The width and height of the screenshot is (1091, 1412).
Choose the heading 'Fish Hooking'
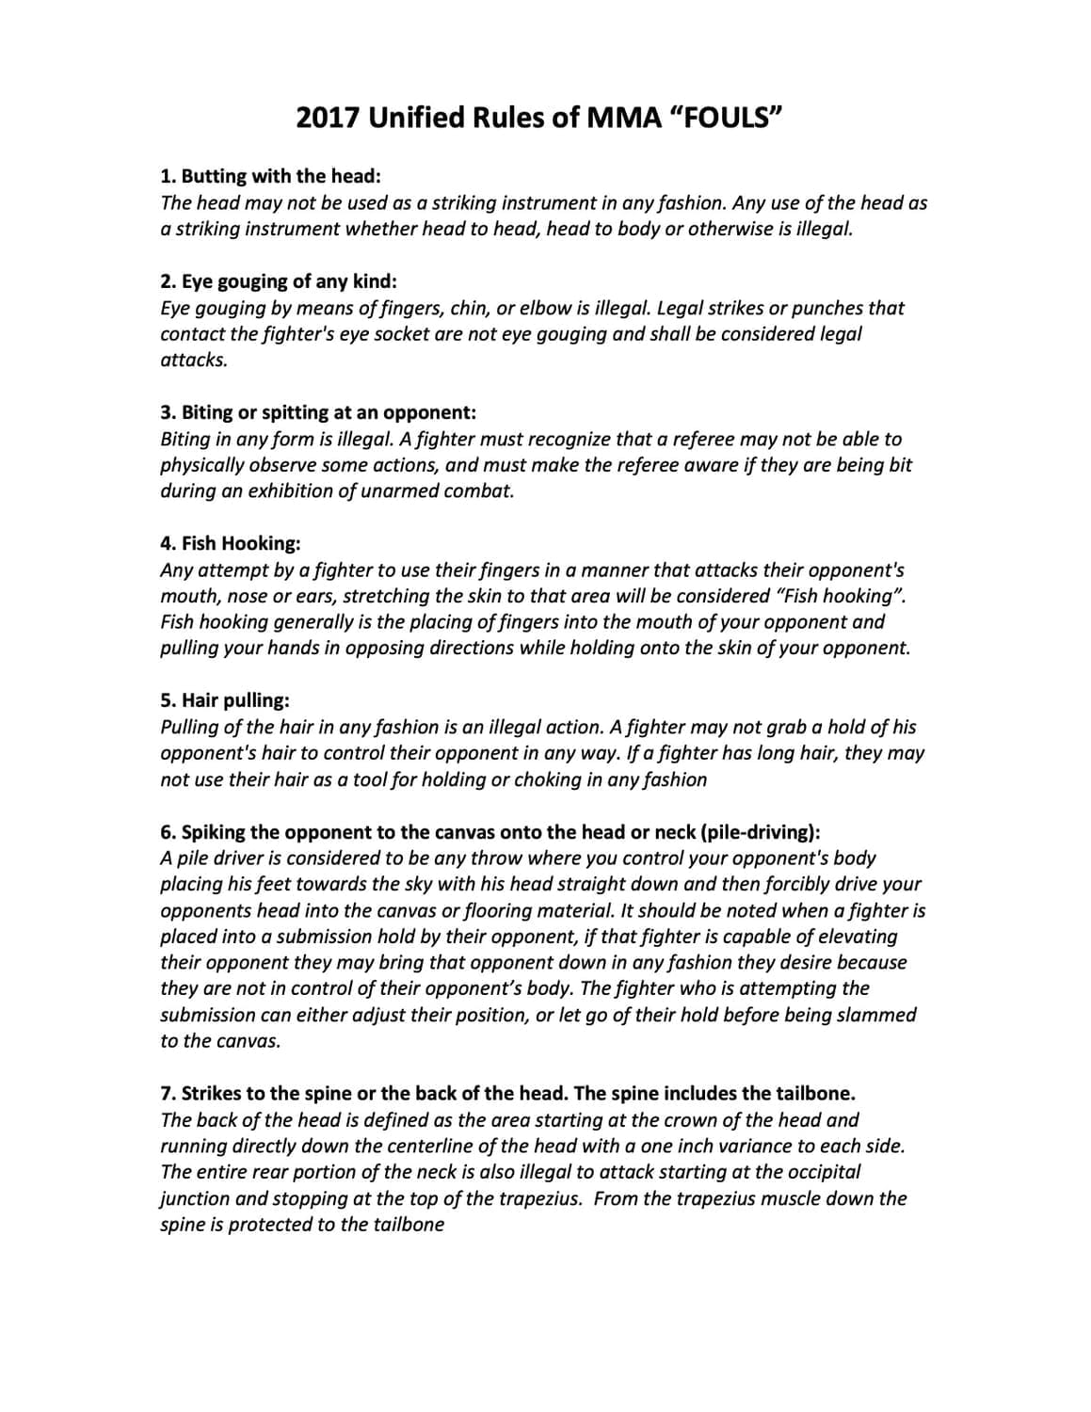coord(231,543)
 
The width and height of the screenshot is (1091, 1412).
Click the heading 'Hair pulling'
coord(225,700)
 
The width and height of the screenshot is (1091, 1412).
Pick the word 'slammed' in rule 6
coord(880,1015)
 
